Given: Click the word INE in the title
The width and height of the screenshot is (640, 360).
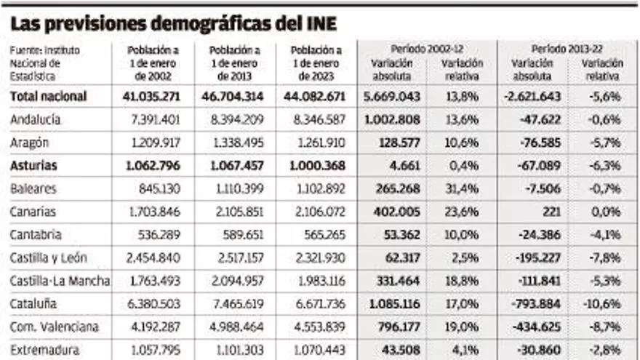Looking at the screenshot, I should (319, 24).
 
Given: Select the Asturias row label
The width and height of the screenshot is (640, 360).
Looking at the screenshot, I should (33, 166).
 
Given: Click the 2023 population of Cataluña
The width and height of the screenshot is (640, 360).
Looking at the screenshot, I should (317, 304).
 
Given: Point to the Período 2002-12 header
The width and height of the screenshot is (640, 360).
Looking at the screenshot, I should (427, 49).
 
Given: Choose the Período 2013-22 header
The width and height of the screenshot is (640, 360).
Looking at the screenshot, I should (567, 49).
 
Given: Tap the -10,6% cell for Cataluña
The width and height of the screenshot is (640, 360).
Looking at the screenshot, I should (603, 304).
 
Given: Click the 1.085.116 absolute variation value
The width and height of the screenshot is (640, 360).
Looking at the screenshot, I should (396, 304).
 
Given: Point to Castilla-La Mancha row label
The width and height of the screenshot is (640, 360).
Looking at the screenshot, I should (60, 281).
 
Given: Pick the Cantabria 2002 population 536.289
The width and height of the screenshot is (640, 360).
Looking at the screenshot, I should (158, 235).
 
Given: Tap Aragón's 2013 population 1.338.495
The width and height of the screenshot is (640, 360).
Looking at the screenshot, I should (236, 143).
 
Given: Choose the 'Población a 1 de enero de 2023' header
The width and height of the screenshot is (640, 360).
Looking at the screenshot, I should (316, 63).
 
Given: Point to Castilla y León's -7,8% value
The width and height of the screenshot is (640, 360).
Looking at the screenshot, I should (605, 258).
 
